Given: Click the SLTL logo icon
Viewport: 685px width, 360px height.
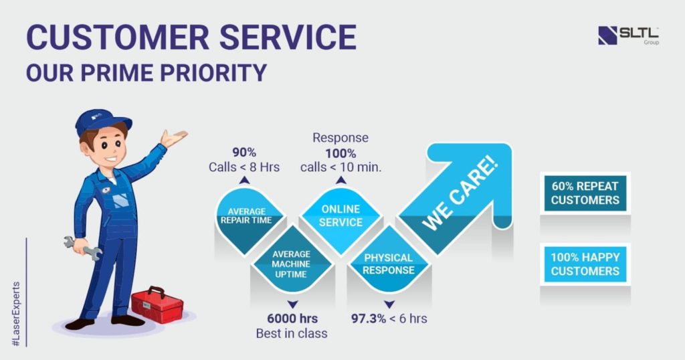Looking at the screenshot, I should (607, 35).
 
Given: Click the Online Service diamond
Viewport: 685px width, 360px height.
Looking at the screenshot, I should (340, 216).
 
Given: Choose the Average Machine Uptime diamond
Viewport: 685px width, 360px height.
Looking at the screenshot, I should (291, 264).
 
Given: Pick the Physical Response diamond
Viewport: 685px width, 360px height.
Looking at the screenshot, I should (389, 264).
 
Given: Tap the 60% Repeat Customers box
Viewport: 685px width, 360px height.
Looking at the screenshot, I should (585, 193).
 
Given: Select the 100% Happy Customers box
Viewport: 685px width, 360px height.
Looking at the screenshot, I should (585, 264).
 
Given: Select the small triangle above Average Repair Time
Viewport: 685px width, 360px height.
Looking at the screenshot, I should (246, 180).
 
